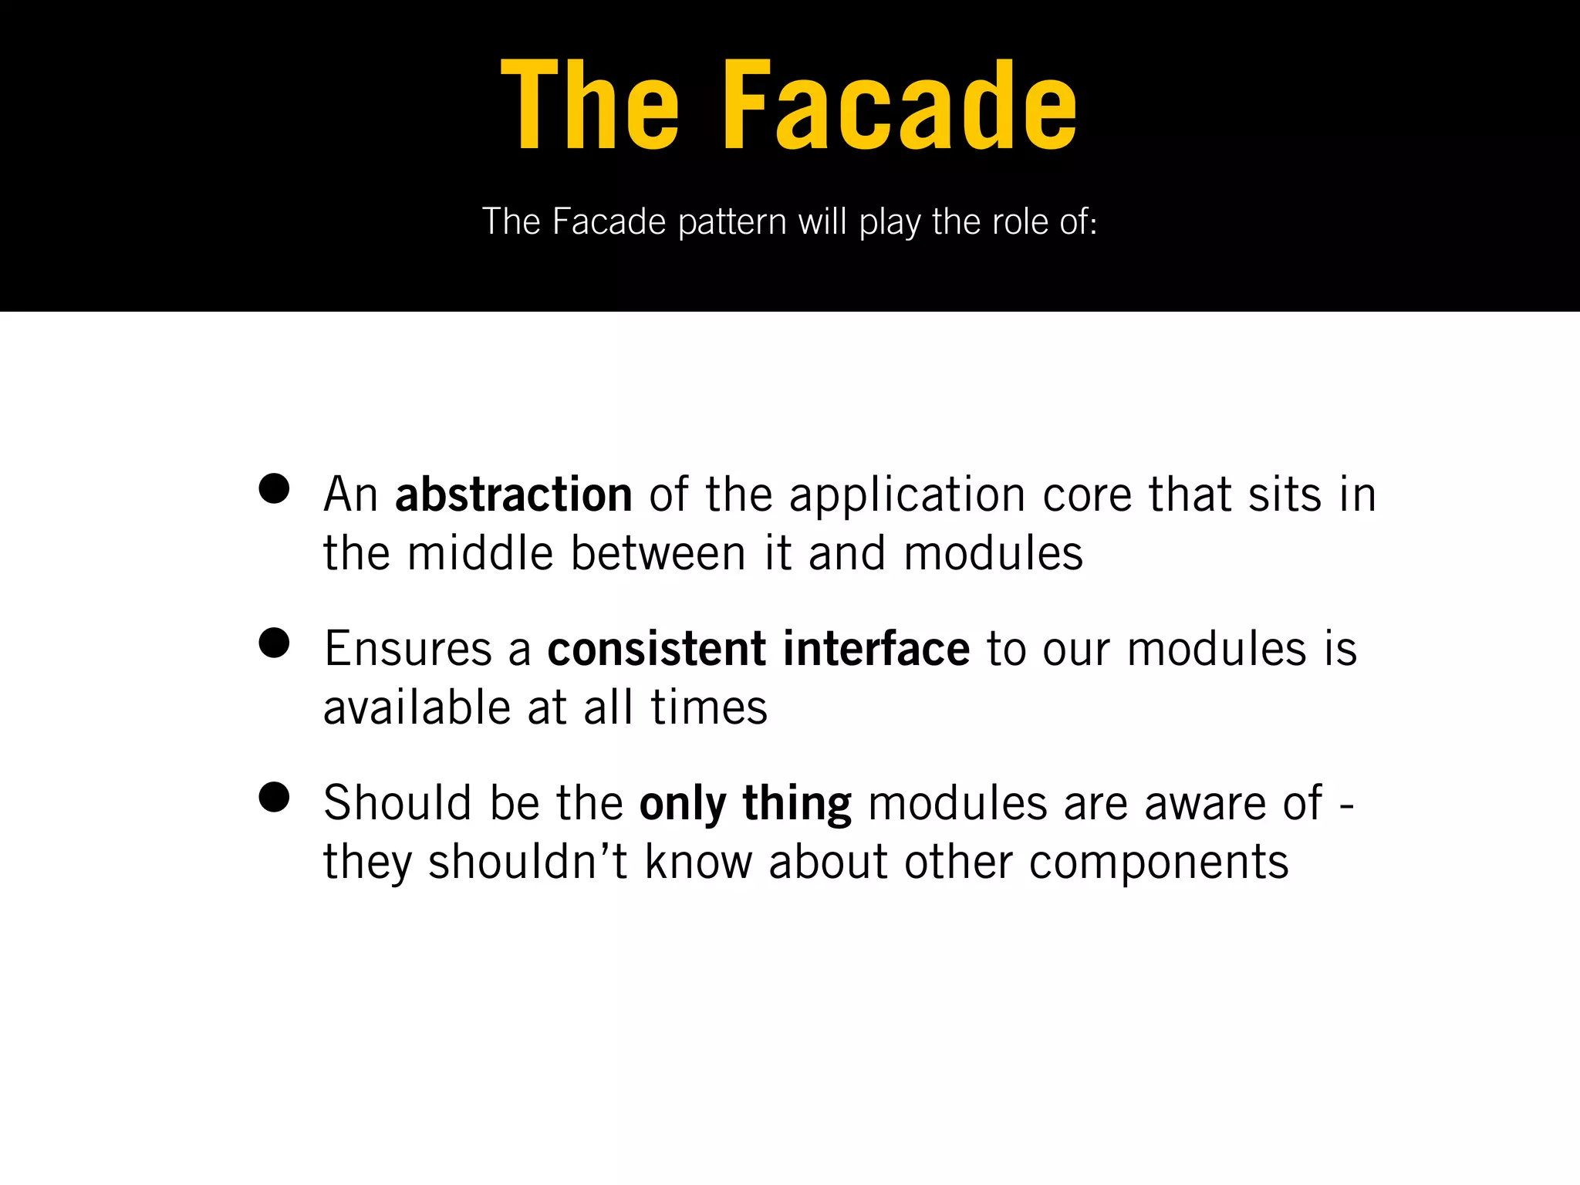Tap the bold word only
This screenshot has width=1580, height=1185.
pyautogui.click(x=683, y=804)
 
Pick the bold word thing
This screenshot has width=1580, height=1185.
pyautogui.click(x=797, y=804)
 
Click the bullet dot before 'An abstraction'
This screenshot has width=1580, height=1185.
pyautogui.click(x=274, y=488)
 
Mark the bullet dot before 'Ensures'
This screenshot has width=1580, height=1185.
pyautogui.click(x=274, y=643)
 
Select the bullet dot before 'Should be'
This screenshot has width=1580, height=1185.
pyautogui.click(x=274, y=797)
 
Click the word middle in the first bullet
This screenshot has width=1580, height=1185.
pyautogui.click(x=480, y=553)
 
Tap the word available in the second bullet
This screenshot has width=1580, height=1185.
pyautogui.click(x=417, y=707)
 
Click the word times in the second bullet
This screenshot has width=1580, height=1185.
pyautogui.click(x=709, y=707)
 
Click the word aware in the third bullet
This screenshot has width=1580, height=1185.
pyautogui.click(x=1204, y=804)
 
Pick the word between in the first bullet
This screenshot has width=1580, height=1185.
pyautogui.click(x=658, y=553)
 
